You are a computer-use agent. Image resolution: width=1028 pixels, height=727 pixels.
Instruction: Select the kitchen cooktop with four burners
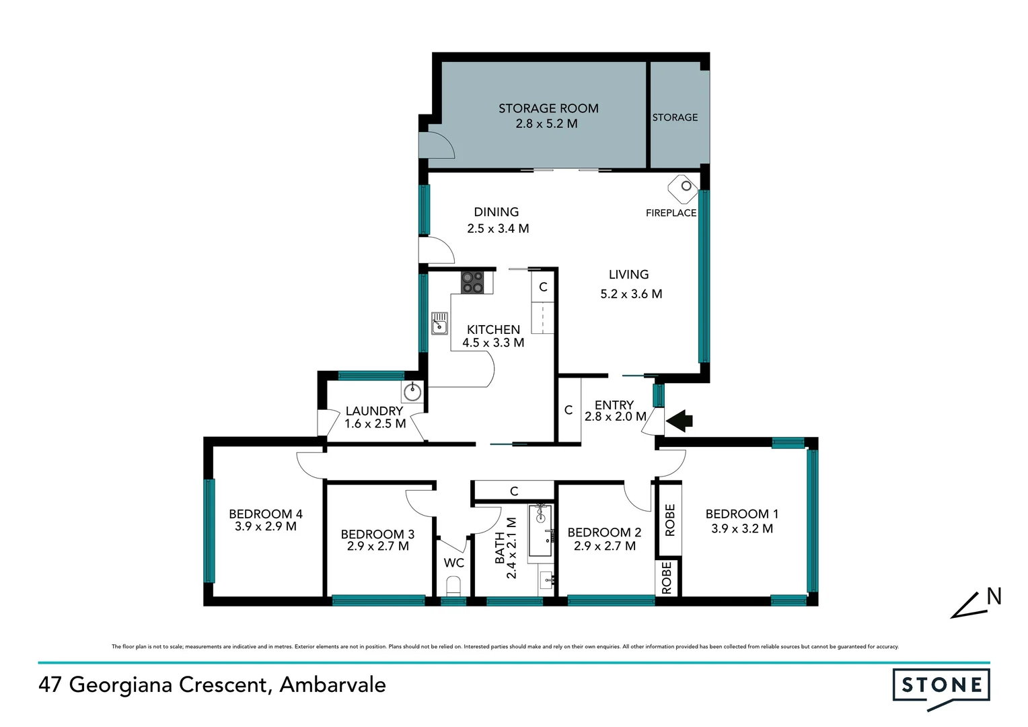click(x=472, y=282)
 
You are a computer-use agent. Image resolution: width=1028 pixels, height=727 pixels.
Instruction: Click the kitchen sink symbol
click(x=439, y=323)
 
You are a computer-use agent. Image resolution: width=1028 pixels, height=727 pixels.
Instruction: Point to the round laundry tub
click(x=412, y=391)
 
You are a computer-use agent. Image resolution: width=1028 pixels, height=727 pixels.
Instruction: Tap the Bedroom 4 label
click(x=265, y=514)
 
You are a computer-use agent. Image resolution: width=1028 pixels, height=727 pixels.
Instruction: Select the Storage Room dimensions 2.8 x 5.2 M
click(x=546, y=124)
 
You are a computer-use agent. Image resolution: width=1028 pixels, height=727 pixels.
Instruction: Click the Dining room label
click(x=496, y=212)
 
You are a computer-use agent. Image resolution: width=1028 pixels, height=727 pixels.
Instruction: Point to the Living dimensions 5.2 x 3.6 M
click(x=631, y=294)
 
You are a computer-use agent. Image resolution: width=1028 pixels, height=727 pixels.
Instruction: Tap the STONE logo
click(x=941, y=687)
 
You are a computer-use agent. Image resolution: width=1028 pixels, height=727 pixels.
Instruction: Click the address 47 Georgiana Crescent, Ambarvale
click(x=213, y=685)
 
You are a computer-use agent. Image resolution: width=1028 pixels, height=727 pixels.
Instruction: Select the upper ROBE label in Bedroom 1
click(x=669, y=520)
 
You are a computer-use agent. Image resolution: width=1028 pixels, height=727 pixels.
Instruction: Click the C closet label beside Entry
click(x=568, y=410)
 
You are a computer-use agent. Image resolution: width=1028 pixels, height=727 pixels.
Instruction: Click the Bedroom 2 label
click(x=604, y=532)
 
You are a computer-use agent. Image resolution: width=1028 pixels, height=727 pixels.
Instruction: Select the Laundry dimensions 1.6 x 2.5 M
click(x=375, y=424)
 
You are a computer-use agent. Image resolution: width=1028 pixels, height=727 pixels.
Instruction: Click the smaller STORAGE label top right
click(x=675, y=118)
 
